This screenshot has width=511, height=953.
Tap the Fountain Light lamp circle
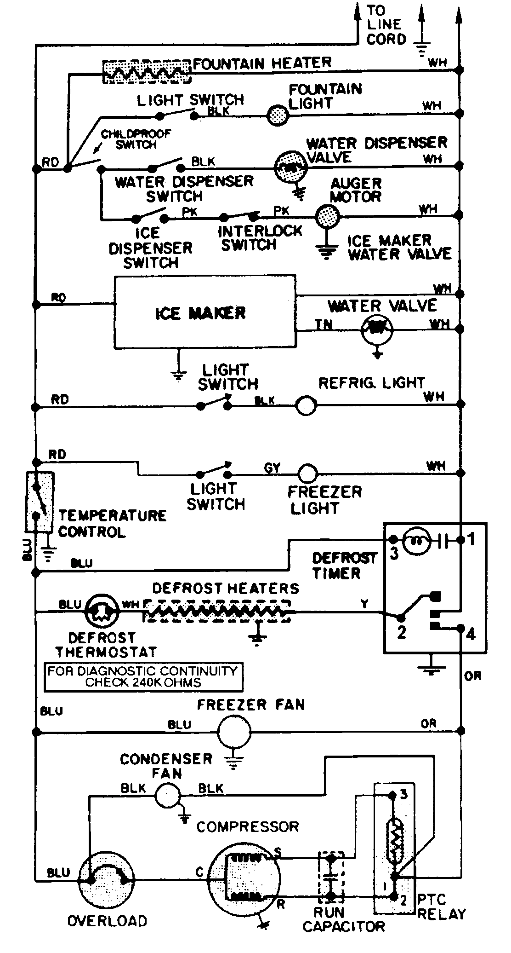[x=278, y=114]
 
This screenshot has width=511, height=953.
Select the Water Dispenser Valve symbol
[x=290, y=166]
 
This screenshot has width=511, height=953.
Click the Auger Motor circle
[x=328, y=215]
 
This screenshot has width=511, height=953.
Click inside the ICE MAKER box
[x=204, y=313]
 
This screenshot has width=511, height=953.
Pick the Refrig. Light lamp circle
[x=306, y=406]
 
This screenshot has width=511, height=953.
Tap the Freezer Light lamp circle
[x=307, y=473]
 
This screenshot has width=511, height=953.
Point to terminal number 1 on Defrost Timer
[x=471, y=539]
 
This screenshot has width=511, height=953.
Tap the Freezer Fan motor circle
[x=234, y=731]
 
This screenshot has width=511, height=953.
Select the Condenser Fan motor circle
[x=166, y=796]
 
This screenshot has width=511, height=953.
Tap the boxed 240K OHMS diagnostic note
[x=142, y=677]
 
